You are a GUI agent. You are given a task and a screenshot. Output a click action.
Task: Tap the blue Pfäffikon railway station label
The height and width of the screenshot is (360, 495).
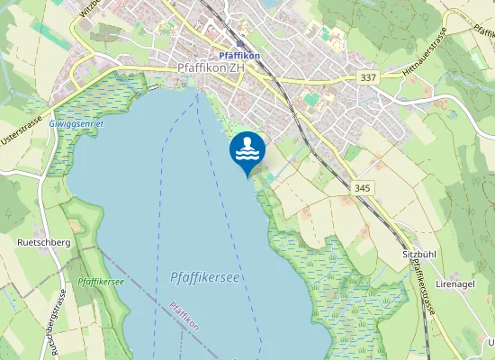[239, 55]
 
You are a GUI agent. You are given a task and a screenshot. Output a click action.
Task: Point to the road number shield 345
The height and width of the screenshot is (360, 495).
[363, 187]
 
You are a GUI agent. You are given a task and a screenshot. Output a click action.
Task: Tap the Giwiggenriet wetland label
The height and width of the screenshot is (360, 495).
[76, 122]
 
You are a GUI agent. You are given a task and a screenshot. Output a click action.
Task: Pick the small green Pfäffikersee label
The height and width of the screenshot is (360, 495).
[101, 282]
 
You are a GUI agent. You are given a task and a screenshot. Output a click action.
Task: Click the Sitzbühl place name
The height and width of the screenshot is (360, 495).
[419, 255]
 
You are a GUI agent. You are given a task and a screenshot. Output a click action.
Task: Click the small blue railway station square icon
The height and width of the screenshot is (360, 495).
[239, 42]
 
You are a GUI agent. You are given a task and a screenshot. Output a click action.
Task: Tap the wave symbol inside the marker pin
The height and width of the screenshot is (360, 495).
[247, 154]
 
